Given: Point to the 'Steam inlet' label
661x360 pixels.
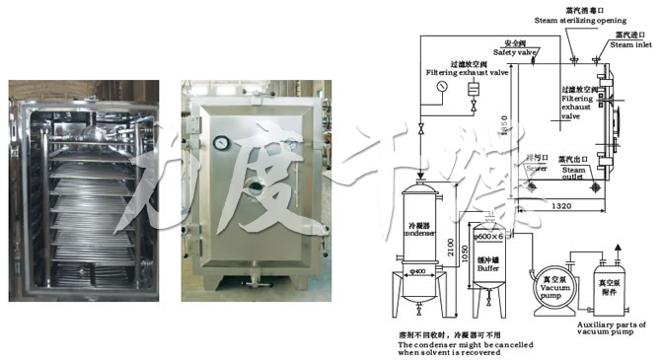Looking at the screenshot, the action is [x=631, y=44].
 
